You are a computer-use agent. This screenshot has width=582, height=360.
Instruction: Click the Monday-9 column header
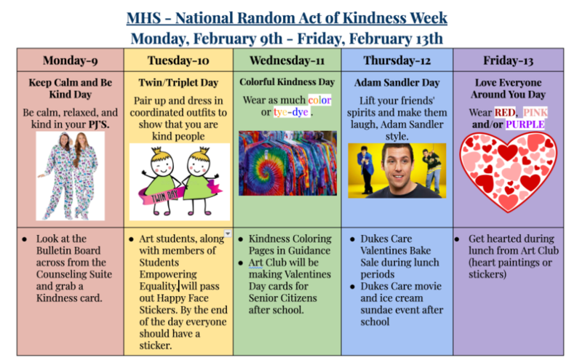coord(70,60)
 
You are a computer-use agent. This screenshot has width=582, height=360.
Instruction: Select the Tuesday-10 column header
coord(178,60)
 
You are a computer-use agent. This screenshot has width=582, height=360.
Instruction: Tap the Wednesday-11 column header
coord(287,60)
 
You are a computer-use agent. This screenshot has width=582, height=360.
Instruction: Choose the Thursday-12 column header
coord(397,60)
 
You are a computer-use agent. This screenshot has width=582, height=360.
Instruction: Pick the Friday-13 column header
coord(508,60)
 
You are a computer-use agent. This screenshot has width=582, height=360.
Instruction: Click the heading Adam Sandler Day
coord(396,82)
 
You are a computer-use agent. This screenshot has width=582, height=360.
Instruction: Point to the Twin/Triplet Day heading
coord(178,82)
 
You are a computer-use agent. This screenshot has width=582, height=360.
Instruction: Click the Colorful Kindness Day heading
coord(287,82)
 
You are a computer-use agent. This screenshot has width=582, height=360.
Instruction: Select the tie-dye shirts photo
coord(287,164)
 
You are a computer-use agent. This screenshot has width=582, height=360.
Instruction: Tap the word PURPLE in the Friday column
coord(525,125)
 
